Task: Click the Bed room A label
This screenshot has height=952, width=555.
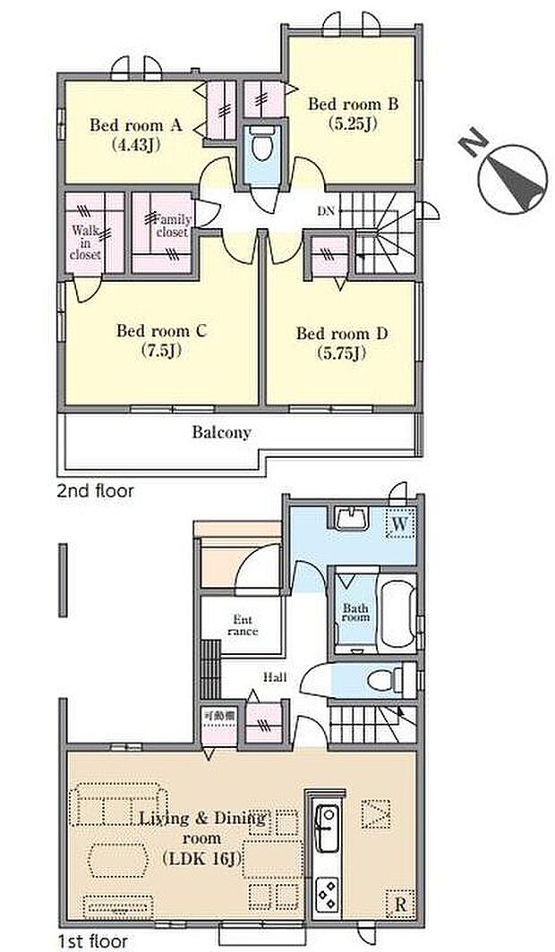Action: coord(136,125)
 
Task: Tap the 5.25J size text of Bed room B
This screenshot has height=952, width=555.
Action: coord(353,123)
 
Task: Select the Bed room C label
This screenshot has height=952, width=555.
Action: coord(162,331)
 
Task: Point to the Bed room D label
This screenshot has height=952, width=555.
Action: coord(342,334)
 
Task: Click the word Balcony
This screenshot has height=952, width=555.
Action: coord(222,432)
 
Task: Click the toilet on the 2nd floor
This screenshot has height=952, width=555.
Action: coord(262,144)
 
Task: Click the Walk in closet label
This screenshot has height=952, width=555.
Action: coord(85,242)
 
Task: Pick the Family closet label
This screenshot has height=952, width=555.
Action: coord(173,225)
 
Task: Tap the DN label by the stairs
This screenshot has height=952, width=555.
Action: coord(326,212)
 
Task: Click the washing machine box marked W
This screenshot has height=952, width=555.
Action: coord(399,524)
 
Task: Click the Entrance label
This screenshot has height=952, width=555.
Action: coord(243,625)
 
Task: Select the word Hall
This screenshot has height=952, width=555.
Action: coord(275,677)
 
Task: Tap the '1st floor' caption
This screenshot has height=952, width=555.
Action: coord(92,941)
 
